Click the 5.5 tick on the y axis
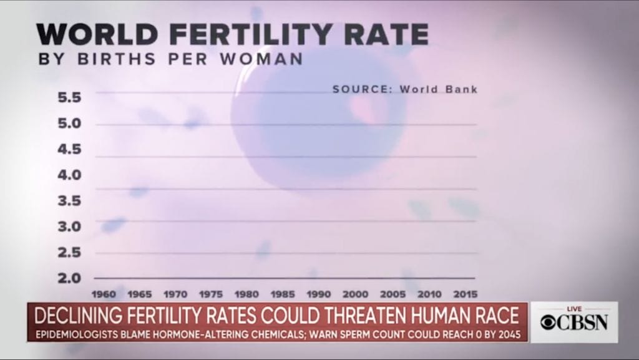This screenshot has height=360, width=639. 69,97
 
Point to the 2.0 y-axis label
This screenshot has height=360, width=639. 69,278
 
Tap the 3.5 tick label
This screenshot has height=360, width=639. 69,200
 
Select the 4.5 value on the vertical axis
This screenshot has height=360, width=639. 69,149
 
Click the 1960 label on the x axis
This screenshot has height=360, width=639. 104,294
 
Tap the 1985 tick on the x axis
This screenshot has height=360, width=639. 283,294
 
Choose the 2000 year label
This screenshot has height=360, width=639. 355,294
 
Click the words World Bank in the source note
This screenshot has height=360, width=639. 439,89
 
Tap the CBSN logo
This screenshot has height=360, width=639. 574,323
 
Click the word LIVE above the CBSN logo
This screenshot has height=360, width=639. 574,309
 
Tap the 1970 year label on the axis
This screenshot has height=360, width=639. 175,294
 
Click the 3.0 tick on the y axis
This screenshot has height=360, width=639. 69,226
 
